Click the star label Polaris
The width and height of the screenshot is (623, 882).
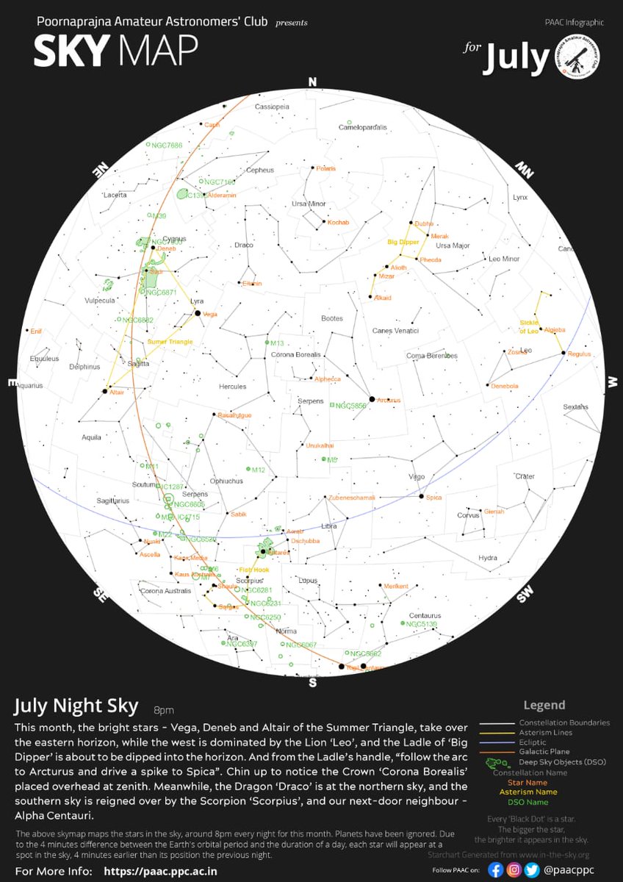(325, 168)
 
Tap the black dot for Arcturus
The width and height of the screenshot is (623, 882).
(372, 399)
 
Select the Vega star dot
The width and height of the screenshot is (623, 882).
(198, 314)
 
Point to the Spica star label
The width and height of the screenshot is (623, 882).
(434, 498)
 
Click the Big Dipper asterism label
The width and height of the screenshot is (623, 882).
(403, 241)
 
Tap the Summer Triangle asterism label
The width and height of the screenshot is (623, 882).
(170, 342)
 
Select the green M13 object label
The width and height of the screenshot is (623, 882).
(277, 343)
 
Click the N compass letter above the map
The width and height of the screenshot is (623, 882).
(312, 82)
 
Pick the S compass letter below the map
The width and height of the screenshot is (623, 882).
(312, 684)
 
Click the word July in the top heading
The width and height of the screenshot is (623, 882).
(516, 58)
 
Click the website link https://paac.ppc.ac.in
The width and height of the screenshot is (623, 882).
(161, 872)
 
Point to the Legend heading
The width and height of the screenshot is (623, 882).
(544, 705)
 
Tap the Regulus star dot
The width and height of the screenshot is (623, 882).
(563, 354)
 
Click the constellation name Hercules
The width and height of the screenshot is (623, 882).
(232, 387)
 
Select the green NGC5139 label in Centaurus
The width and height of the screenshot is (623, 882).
(422, 624)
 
